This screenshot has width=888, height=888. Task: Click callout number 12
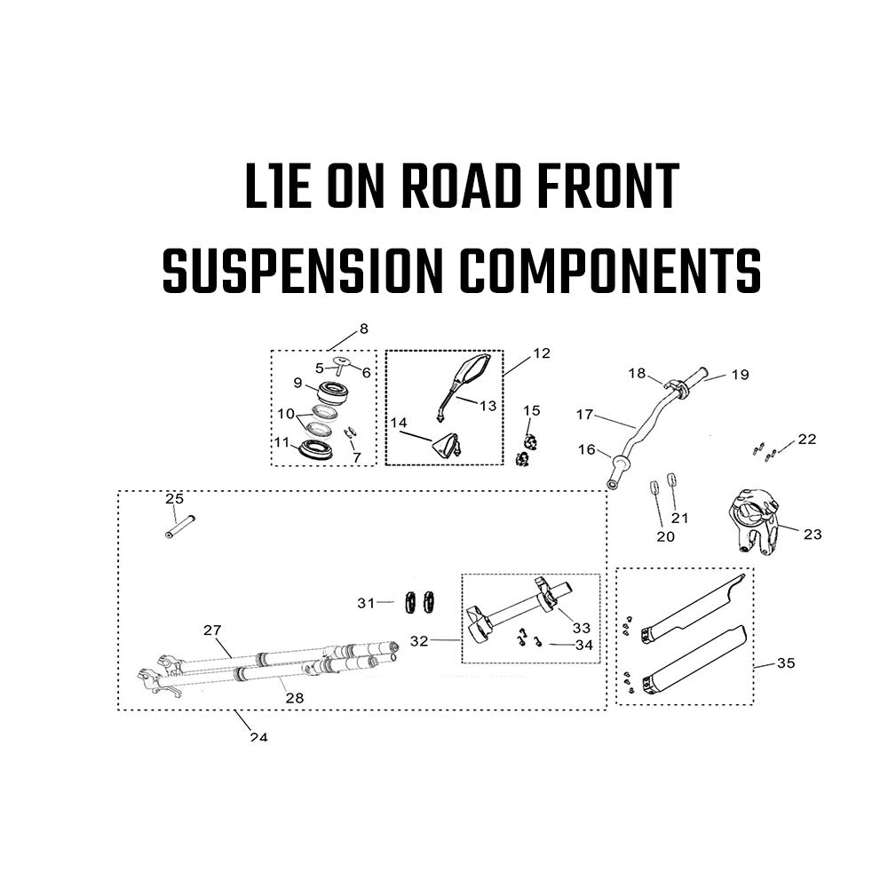tap(542, 353)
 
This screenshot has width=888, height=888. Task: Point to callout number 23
tap(813, 534)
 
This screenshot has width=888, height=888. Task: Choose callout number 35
tap(786, 662)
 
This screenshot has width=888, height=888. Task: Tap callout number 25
tap(174, 499)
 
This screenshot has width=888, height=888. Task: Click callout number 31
tap(366, 603)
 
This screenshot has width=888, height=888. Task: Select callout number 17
tap(584, 415)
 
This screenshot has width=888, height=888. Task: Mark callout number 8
tap(364, 329)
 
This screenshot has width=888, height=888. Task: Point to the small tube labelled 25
tap(180, 526)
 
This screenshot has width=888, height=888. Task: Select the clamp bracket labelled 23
tap(752, 519)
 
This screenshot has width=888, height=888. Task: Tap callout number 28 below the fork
tap(295, 698)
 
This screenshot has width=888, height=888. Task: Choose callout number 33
tap(582, 628)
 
